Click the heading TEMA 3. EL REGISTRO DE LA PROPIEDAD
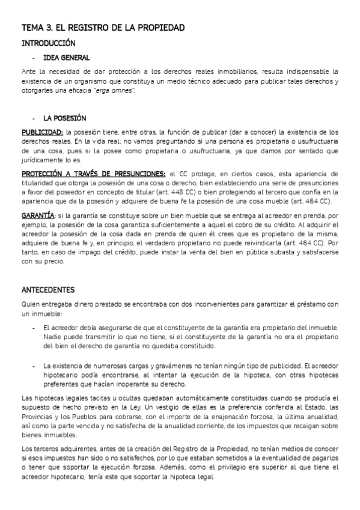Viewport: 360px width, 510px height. coord(103,28)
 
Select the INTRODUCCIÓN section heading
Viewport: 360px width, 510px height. coord(49,43)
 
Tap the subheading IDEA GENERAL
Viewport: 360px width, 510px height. coord(67,58)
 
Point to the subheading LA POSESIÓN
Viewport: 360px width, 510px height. coord(65,118)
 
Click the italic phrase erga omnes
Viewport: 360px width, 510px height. coord(120,90)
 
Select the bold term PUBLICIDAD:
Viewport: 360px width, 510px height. coord(42,131)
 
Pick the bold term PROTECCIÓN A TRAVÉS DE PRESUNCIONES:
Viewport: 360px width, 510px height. coord(94,174)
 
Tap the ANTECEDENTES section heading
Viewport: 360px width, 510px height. coord(48,289)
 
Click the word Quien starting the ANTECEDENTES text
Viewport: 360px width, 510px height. coord(31,305)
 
